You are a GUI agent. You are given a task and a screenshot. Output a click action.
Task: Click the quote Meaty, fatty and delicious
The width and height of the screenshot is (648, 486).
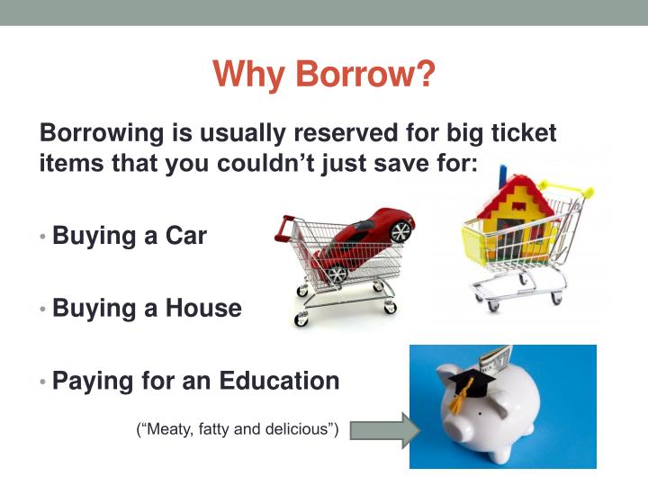pyautogui.click(x=237, y=429)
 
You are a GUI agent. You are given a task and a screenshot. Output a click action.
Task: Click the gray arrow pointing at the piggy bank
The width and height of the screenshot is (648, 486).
pyautogui.click(x=383, y=429)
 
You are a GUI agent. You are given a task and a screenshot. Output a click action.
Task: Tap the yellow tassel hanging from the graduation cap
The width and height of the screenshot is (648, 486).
pyautogui.click(x=457, y=405)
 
